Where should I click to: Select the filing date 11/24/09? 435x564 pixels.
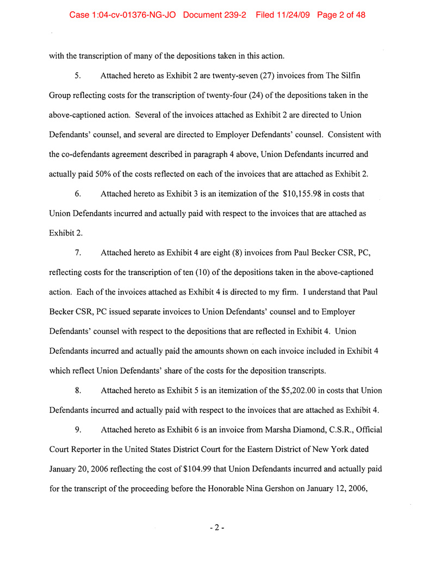tap(291, 15)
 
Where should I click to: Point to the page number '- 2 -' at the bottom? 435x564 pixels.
tap(216, 528)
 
